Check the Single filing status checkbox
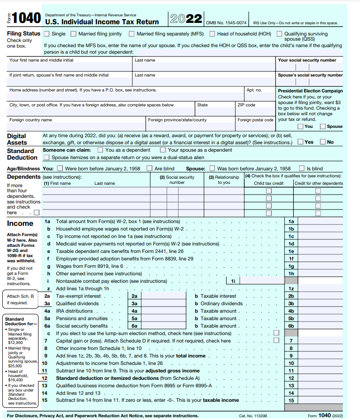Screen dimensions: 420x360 pyautogui.click(x=47, y=34)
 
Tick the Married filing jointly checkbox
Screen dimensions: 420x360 pyautogui.click(x=74, y=34)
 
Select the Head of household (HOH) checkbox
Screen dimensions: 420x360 pyautogui.click(x=212, y=34)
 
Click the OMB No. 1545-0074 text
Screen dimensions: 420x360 pyautogui.click(x=226, y=22)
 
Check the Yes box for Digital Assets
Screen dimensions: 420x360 pyautogui.click(x=301, y=142)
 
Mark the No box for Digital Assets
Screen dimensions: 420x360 pyautogui.click(x=323, y=142)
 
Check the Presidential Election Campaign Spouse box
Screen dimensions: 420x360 pyautogui.click(x=323, y=126)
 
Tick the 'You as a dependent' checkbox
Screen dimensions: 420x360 pyautogui.click(x=100, y=150)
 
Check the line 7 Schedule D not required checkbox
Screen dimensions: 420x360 pyautogui.click(x=277, y=340)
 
